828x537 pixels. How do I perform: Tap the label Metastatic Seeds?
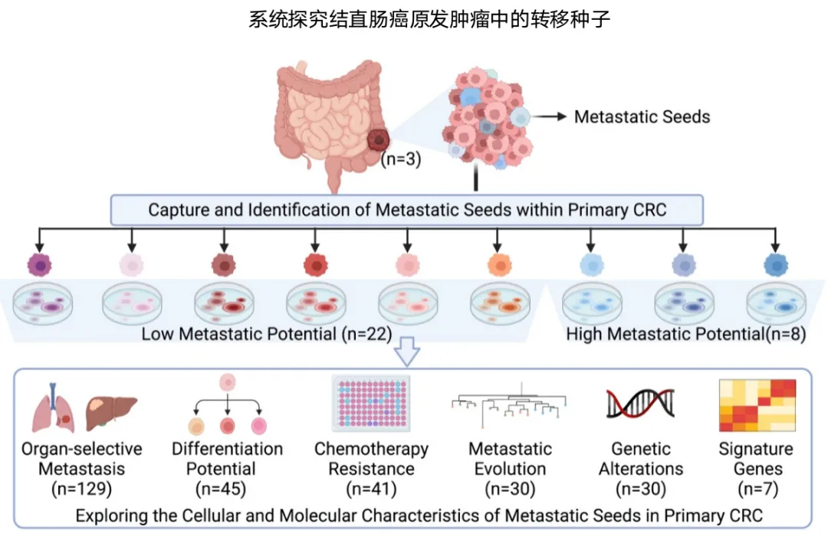coord(642,117)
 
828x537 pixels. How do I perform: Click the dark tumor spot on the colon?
coord(379,140)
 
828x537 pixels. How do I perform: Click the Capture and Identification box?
coord(406,210)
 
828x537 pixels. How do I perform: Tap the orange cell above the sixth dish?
coord(498,264)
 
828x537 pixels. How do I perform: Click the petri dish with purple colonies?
coord(43,303)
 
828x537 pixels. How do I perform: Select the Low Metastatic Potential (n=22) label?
coord(267,334)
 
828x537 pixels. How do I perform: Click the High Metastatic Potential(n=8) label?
coord(685,334)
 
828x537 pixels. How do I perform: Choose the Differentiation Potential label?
coord(227,458)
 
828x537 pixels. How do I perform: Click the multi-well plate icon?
coord(371,404)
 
